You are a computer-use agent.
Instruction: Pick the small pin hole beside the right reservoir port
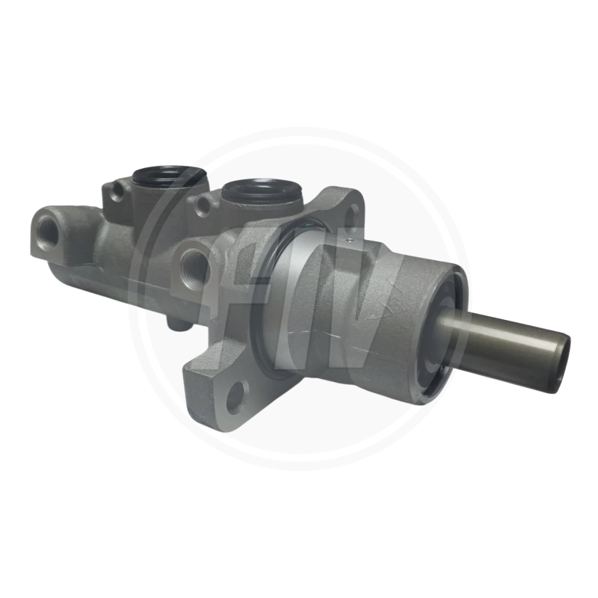203,204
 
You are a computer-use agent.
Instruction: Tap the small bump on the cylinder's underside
178,323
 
